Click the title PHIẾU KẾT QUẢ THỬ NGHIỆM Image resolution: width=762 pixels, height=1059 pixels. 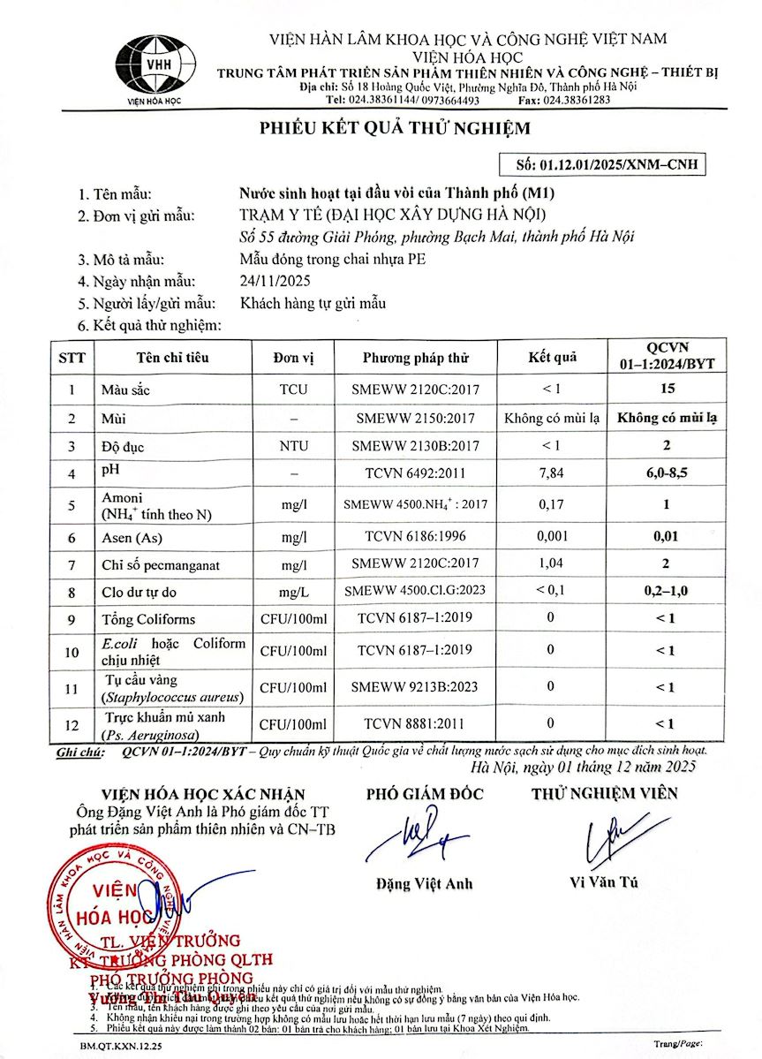(x=395, y=129)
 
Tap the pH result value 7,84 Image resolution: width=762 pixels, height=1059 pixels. (x=551, y=473)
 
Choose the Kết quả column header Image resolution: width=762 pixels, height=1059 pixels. (x=552, y=357)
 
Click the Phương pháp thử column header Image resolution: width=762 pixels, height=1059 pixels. (x=415, y=357)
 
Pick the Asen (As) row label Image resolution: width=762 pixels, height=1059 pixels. (x=130, y=536)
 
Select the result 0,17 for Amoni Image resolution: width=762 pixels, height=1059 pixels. (x=551, y=505)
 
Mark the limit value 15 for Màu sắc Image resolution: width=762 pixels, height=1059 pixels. (x=667, y=388)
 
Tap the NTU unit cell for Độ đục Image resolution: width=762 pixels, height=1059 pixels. (x=293, y=446)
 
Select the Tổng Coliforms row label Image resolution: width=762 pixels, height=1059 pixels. (x=148, y=619)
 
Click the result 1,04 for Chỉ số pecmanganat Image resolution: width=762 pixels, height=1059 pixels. (x=551, y=563)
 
